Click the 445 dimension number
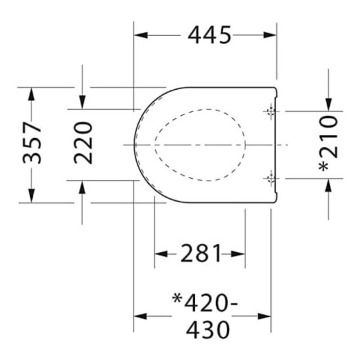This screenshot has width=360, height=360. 209,35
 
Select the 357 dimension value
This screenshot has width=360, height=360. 32,143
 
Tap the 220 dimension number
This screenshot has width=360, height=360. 83,143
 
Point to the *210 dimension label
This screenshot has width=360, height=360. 329,144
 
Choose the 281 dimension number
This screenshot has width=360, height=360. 201,253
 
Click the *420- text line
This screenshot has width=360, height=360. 205,302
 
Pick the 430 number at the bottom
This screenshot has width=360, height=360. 207,330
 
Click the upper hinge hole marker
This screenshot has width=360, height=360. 271,111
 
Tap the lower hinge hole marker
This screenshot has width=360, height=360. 271,178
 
